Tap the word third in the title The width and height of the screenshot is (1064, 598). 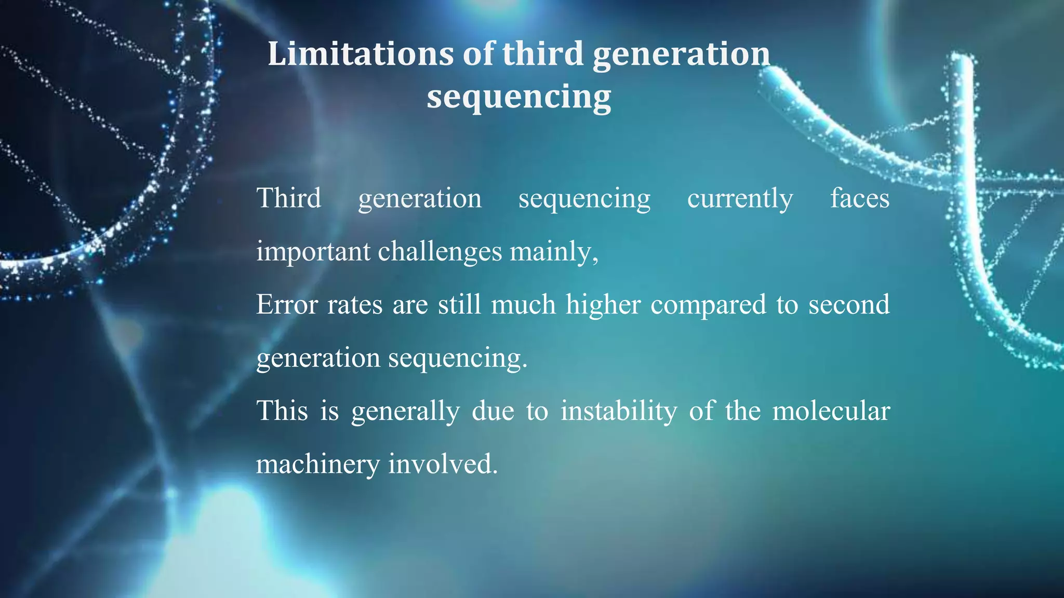(x=543, y=54)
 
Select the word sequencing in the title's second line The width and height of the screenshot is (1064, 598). (x=518, y=97)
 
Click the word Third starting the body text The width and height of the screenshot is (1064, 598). (x=289, y=198)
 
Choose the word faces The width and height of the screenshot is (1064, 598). (x=860, y=198)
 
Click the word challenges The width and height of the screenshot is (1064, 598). (x=440, y=252)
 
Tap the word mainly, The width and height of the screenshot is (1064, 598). (x=554, y=252)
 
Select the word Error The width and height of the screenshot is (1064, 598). (x=287, y=305)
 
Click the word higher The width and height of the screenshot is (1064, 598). (x=603, y=305)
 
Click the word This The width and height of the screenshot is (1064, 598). (x=283, y=411)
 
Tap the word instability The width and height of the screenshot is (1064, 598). (x=619, y=411)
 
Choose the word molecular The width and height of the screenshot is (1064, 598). (x=831, y=411)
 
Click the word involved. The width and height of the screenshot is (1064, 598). (x=443, y=464)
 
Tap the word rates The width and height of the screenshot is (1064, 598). (x=355, y=305)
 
